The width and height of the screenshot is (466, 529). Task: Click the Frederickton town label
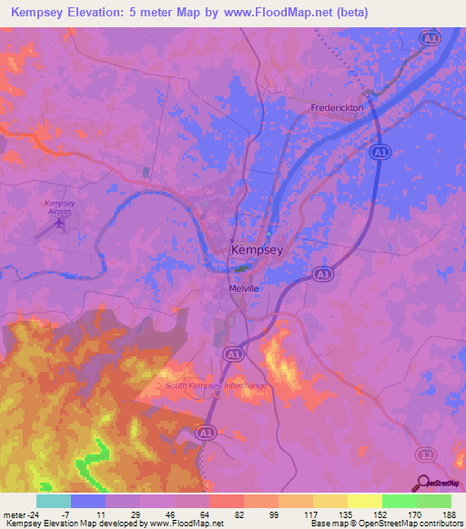[339, 107]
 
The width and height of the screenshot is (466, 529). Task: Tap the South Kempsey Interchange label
[217, 385]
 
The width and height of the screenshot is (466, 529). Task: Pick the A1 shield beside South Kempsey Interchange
[234, 353]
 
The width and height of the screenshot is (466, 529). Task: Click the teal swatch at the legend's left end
[54, 500]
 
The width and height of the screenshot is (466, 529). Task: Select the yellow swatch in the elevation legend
[365, 500]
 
